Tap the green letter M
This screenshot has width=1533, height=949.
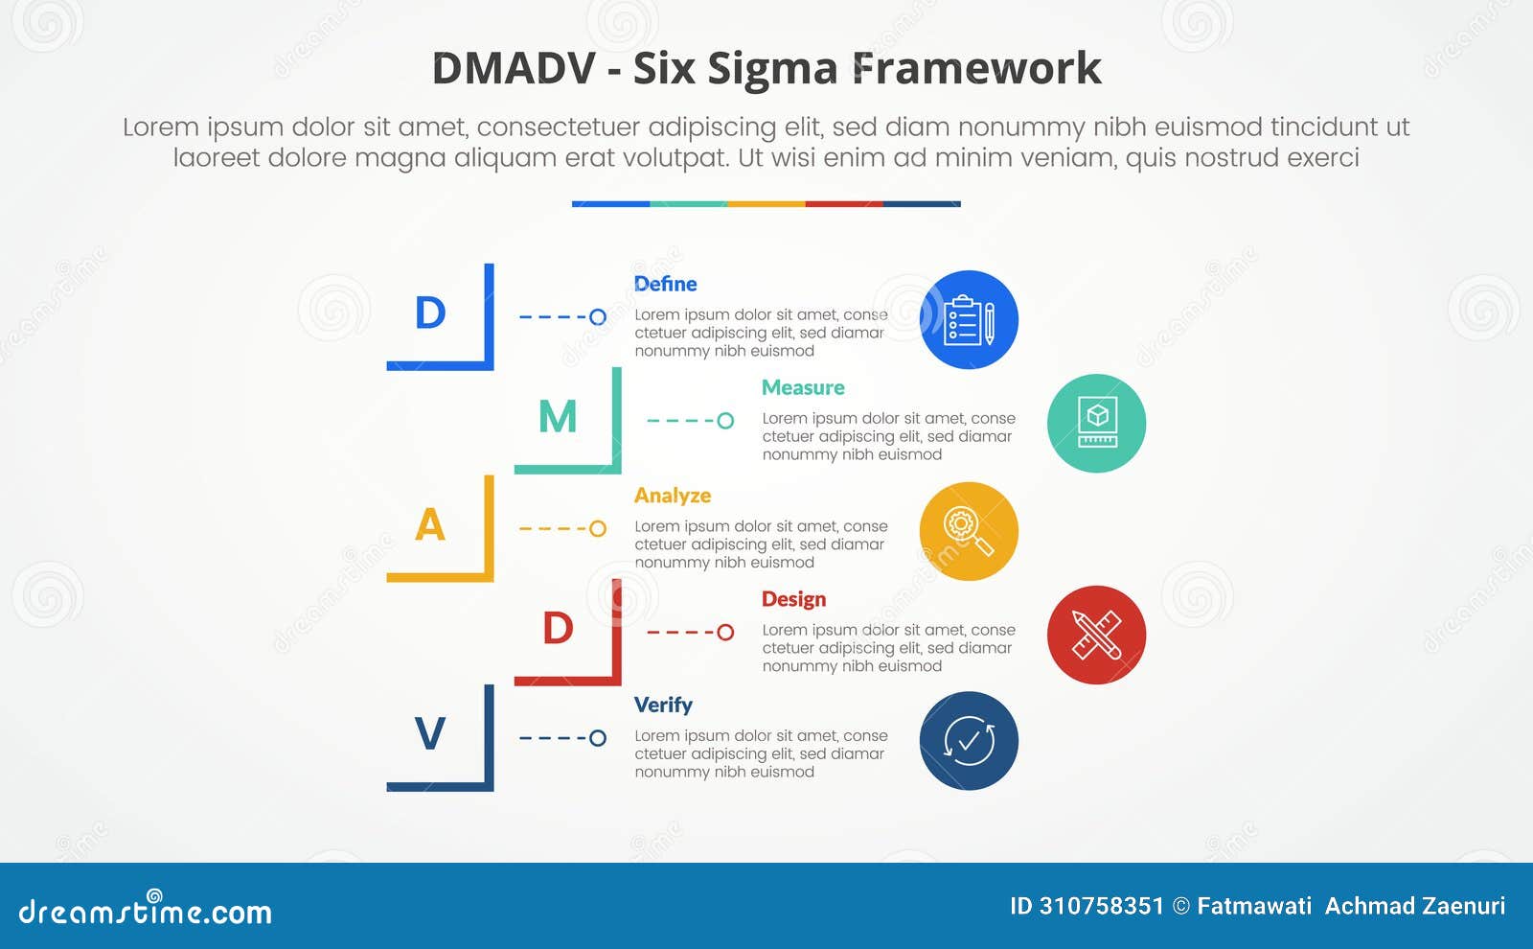(558, 418)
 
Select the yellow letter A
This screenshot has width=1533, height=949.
(430, 525)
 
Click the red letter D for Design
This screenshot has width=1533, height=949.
(558, 629)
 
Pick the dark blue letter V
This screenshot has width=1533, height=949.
(430, 735)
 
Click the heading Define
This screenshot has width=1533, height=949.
(665, 284)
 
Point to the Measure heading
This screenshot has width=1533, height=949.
(803, 387)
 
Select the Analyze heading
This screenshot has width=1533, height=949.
(673, 496)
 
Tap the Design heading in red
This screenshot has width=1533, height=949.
(793, 599)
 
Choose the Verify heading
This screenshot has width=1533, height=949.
(663, 705)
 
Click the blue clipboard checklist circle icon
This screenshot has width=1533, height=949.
(969, 320)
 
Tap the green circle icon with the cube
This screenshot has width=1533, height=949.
(1096, 423)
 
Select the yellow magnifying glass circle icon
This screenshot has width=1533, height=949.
(969, 531)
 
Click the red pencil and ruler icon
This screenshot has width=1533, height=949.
(1096, 635)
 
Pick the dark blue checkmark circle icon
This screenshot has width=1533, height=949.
(969, 741)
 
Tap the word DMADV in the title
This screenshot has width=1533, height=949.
(514, 69)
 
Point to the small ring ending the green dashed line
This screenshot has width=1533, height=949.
(725, 421)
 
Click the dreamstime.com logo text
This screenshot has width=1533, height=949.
(146, 911)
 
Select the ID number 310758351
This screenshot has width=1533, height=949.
(1101, 906)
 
